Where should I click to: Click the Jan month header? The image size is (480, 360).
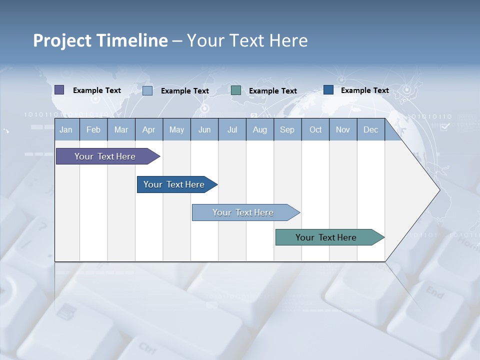point(66,130)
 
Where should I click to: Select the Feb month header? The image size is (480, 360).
point(93,130)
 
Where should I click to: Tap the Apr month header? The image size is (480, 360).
point(148,130)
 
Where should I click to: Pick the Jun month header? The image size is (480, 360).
point(204,130)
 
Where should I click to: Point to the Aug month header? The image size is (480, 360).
point(259,130)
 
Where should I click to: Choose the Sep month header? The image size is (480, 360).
point(287,130)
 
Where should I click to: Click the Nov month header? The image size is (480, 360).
point(343,130)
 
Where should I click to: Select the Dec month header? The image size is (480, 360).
point(370,130)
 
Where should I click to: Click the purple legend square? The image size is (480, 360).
point(59,90)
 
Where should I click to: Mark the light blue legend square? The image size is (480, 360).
point(147,91)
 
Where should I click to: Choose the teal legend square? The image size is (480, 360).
point(236,90)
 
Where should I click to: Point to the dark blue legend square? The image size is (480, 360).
point(328,90)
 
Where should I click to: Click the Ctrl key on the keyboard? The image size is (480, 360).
point(147,347)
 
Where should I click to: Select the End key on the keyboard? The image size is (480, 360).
point(434,292)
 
